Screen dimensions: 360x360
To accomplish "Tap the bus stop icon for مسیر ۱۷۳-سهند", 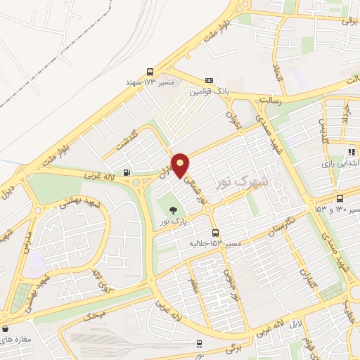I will click(x=150, y=72).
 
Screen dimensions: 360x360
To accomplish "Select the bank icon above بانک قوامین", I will click(x=209, y=81).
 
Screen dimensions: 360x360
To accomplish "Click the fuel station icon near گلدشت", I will click(x=126, y=172).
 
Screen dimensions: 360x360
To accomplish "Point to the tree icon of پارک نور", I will click(x=171, y=209).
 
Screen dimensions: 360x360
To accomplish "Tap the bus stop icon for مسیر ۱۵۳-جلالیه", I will click(x=215, y=233).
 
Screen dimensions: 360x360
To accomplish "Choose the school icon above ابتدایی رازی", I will click(x=350, y=151).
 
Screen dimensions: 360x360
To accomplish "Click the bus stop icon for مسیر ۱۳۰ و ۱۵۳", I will click(x=340, y=198).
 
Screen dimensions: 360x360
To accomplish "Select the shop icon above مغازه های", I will click(x=6, y=328).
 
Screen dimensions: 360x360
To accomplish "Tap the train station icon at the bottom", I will click(x=200, y=344).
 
